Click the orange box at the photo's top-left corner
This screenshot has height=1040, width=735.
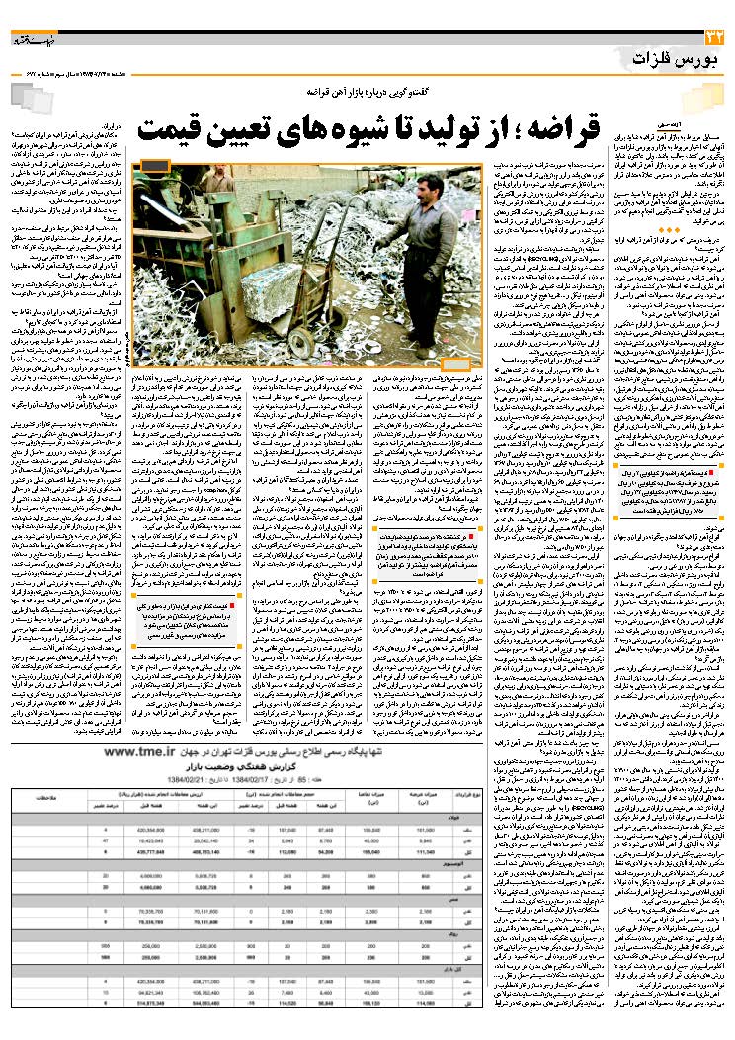(x=155, y=165)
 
